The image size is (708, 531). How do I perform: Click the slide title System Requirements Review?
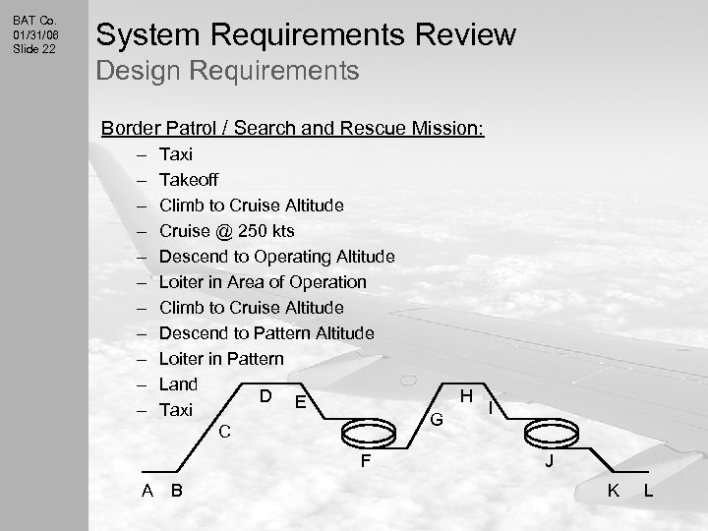[x=304, y=34]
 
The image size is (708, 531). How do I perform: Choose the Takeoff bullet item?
[x=189, y=180]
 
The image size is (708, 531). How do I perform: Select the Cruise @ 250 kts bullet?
[x=226, y=231]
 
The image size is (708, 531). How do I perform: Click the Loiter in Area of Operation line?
[x=263, y=282]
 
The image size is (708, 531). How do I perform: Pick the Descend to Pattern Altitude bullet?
[x=266, y=333]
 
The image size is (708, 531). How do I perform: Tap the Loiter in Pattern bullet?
[x=221, y=359]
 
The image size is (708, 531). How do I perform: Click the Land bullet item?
[x=178, y=384]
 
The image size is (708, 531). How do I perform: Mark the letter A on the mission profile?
[x=146, y=491]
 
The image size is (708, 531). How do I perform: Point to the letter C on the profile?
[x=225, y=430]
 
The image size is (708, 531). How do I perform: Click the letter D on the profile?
[x=265, y=396]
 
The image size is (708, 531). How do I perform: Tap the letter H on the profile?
[x=467, y=395]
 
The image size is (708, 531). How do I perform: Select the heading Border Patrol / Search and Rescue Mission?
[x=292, y=129]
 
